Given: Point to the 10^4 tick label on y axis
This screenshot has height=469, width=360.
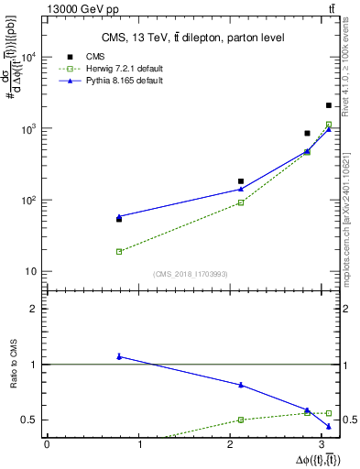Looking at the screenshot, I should click(x=27, y=57).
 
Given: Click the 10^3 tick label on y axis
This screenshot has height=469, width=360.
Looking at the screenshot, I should click(x=27, y=128).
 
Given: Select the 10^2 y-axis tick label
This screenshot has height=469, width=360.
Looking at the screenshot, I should click(x=27, y=200).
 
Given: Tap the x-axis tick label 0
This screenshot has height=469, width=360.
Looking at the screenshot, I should click(x=47, y=444).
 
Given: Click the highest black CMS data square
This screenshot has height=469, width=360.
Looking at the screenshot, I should click(x=329, y=105).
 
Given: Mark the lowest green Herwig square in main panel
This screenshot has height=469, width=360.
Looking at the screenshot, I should click(x=119, y=251).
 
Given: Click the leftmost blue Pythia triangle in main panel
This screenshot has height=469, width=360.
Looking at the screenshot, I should click(x=119, y=216).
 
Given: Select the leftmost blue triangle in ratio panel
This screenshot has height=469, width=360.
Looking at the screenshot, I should click(x=119, y=355).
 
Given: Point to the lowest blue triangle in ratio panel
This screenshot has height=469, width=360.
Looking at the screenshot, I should click(x=329, y=426).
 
